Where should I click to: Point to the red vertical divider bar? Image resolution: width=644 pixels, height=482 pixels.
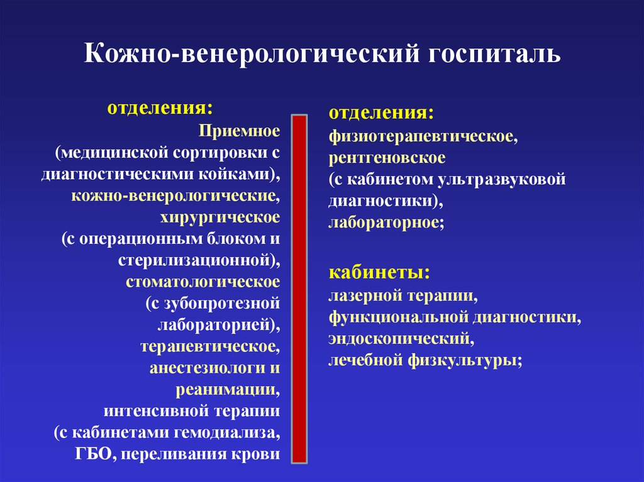[299, 289]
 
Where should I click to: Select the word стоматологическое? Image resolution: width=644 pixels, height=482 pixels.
[202, 282]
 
